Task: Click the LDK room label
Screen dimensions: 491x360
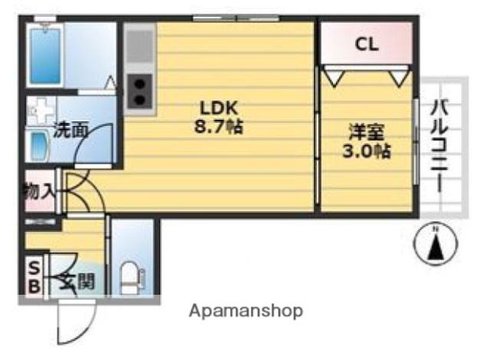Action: tap(219, 108)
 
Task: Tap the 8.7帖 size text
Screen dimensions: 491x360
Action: tap(219, 127)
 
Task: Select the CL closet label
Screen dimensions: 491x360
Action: tap(367, 45)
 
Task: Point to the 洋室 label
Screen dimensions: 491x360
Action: tap(367, 132)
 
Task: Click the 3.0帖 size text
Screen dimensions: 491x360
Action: tap(367, 151)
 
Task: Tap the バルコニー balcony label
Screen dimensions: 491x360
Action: tap(440, 145)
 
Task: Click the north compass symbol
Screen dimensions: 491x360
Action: tap(436, 243)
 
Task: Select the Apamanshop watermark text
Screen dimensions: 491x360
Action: tap(246, 311)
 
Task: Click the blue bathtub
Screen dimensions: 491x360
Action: tap(45, 56)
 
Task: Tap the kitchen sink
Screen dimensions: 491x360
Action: tap(140, 46)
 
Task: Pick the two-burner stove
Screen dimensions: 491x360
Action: tap(140, 91)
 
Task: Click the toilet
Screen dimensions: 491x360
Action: tap(132, 278)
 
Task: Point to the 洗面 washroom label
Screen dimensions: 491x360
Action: tap(71, 130)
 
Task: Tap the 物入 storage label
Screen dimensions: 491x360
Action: tap(39, 191)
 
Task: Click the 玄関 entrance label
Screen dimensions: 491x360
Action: tap(77, 281)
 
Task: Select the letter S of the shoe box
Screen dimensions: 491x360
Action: tap(34, 268)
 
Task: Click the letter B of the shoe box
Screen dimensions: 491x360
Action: tap(35, 286)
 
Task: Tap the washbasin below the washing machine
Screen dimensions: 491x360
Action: tap(38, 146)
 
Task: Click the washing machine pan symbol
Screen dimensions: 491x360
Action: tap(41, 111)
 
